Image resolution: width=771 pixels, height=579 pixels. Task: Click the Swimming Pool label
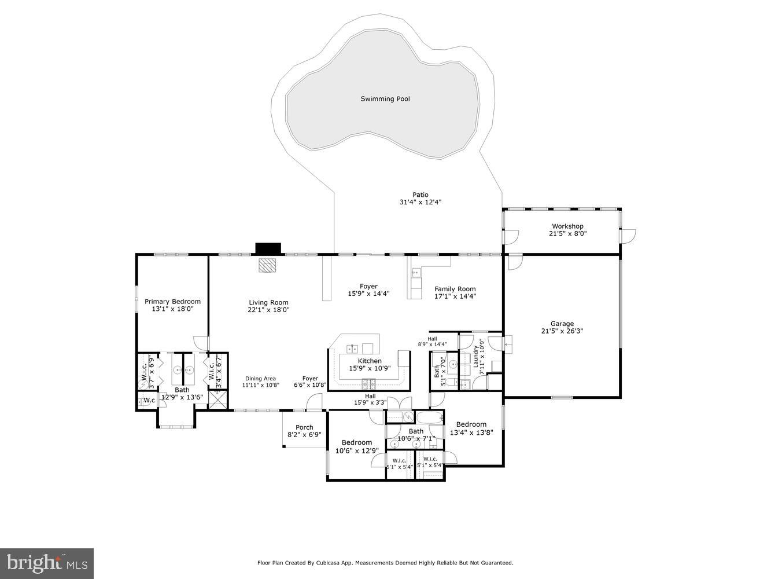(385, 99)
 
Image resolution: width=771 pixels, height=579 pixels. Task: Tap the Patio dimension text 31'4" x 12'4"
(420, 203)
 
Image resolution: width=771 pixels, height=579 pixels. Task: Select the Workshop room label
(567, 226)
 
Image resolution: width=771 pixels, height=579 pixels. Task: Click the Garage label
(562, 324)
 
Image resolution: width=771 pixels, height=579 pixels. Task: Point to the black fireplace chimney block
(268, 248)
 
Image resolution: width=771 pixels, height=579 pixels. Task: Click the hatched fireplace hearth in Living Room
(268, 265)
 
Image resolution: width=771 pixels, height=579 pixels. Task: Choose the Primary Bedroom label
(172, 302)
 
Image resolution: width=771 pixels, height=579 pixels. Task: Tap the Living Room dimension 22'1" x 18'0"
(268, 310)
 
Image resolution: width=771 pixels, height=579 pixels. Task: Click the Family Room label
(455, 289)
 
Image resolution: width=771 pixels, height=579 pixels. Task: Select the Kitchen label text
(370, 361)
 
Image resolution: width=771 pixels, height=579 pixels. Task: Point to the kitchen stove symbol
(368, 383)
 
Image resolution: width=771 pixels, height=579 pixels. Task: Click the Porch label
(304, 428)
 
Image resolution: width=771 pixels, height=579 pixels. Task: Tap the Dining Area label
(260, 379)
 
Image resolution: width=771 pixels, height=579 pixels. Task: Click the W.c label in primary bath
(149, 400)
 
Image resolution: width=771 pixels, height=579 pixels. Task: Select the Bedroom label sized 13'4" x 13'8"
(471, 424)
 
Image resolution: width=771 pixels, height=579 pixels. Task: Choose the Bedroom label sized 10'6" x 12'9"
(356, 443)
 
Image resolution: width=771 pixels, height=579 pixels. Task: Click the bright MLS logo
(47, 563)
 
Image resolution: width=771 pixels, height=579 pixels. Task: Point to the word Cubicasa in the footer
(325, 563)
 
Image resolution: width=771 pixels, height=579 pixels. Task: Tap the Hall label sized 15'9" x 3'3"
(370, 396)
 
